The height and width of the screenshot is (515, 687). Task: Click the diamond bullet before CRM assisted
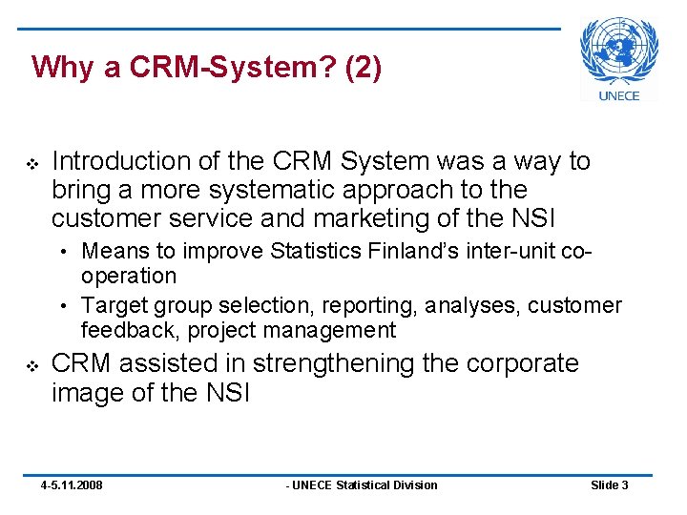[x=31, y=365]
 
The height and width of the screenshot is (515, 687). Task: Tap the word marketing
[x=375, y=218]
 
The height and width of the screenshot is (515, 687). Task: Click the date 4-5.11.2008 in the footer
[x=72, y=485]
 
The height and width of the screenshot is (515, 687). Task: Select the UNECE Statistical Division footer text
[x=362, y=485]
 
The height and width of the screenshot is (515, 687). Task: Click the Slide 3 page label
[x=609, y=485]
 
